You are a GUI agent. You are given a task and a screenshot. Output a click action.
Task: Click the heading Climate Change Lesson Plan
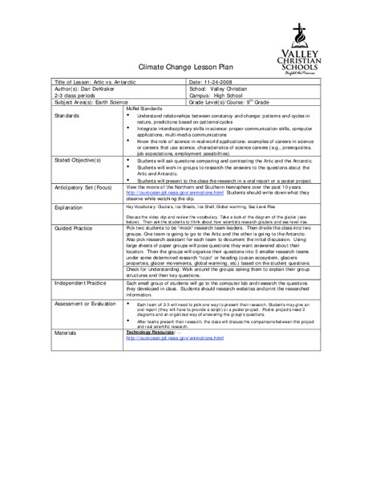pyautogui.click(x=185, y=69)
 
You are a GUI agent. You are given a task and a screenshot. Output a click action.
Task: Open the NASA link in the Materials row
pyautogui.click(x=168, y=338)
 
